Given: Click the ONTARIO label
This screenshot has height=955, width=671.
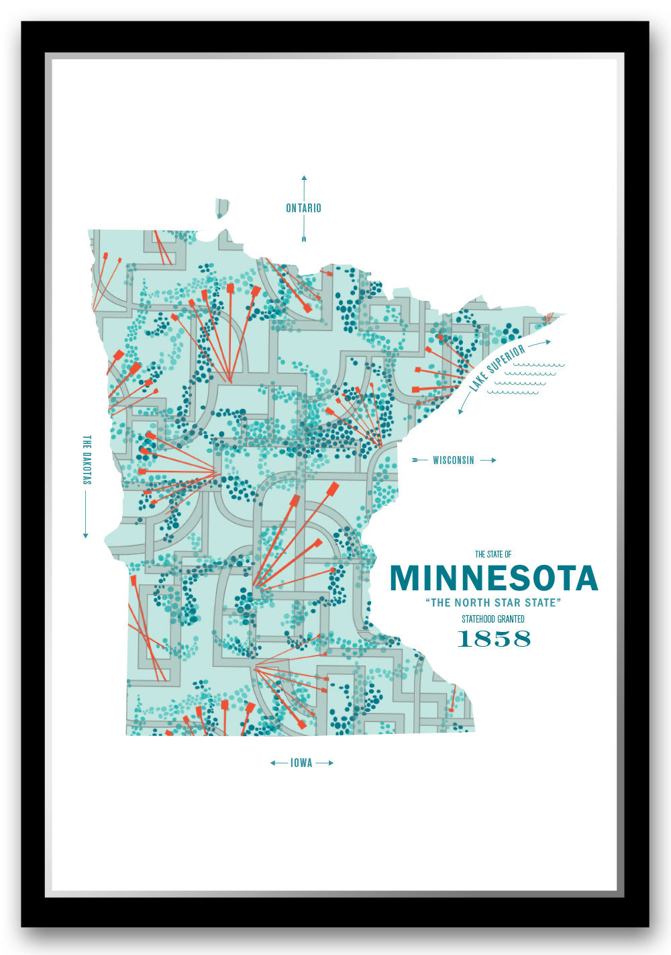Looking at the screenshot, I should pos(303,208).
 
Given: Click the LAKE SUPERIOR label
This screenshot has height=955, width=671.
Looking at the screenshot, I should pos(497,369).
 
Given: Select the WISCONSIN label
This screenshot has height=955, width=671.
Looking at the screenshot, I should pos(453,461).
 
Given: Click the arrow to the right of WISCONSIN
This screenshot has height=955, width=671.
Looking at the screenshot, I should pos(488,461).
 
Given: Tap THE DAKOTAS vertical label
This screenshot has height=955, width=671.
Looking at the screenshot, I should pos(86,460).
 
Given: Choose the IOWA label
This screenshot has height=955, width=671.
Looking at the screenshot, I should pos(301,763).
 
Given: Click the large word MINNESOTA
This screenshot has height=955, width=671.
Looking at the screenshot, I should pos(493,578).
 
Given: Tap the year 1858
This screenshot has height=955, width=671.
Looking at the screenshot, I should pos(493,639).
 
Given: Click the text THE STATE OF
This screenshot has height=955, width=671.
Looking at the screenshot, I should pos(493,554).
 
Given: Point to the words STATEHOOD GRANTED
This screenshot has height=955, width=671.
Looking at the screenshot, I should pos(493,619).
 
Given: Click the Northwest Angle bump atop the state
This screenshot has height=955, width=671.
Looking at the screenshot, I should pos(222,208).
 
